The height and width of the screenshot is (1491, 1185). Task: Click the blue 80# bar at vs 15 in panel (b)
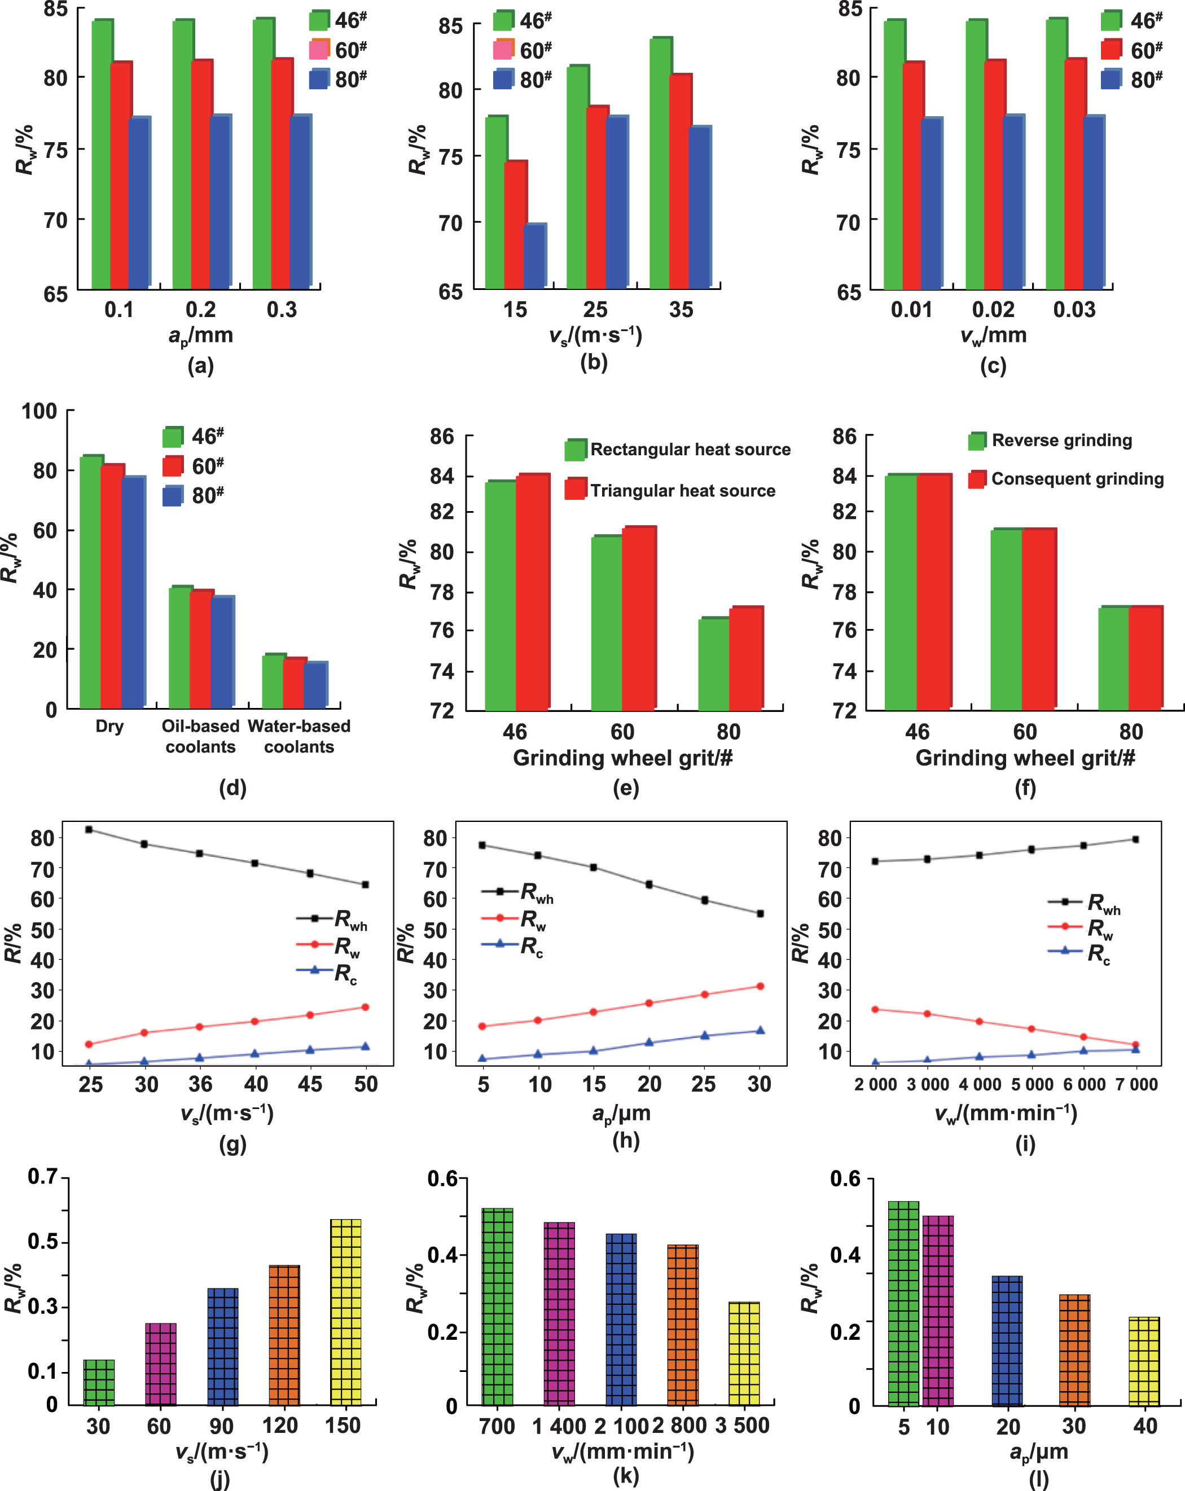[535, 256]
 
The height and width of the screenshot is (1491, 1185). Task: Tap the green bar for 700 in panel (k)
[497, 1307]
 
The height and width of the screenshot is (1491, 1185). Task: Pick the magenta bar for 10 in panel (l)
[937, 1310]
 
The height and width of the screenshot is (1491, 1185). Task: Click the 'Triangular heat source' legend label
[682, 490]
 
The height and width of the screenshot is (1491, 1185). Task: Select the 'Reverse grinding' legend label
[1062, 441]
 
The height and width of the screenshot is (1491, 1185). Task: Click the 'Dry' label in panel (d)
[109, 726]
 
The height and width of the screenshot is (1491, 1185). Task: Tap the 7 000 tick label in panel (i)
[1136, 1084]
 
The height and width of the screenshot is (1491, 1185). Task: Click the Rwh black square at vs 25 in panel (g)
[89, 829]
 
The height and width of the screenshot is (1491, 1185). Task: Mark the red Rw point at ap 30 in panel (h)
[760, 986]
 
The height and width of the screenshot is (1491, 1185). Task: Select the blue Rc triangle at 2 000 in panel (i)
[875, 1062]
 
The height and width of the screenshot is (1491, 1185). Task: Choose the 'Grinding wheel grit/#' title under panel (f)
[1025, 758]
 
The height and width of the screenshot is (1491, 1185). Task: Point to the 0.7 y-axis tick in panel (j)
[42, 1176]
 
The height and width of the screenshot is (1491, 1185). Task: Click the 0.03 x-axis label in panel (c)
[1074, 309]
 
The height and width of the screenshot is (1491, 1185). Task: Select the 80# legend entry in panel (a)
[337, 80]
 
